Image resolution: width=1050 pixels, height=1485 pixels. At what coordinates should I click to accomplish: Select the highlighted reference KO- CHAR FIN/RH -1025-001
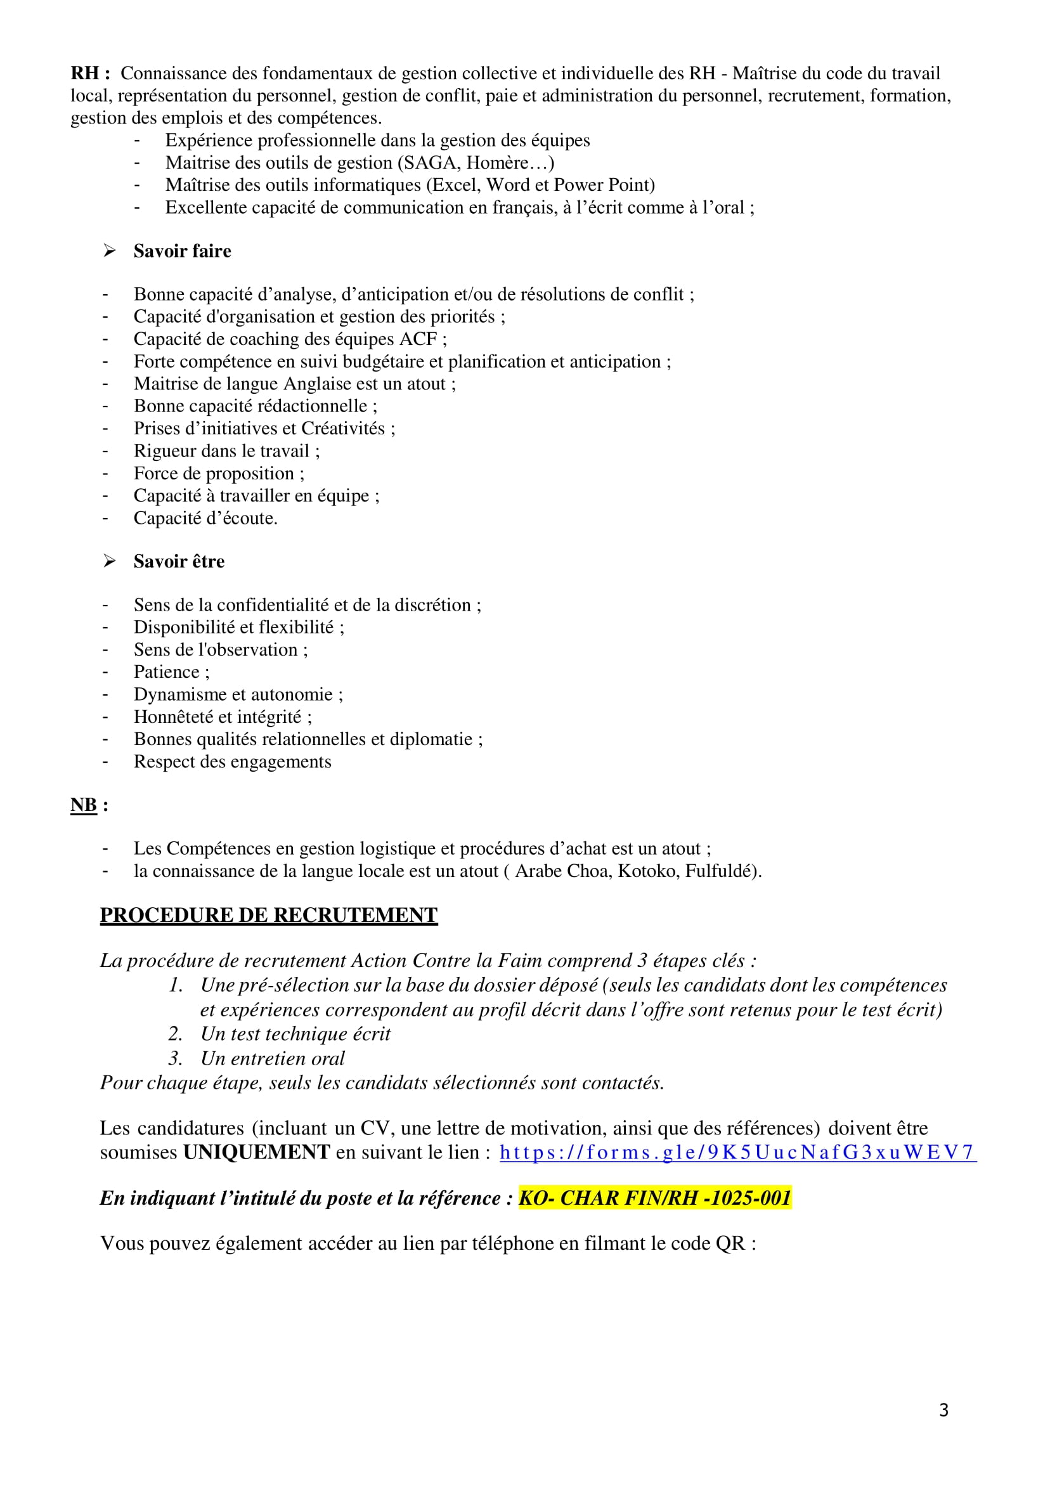[x=655, y=1198]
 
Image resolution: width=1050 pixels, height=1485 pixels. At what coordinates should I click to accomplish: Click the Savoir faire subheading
[x=182, y=251]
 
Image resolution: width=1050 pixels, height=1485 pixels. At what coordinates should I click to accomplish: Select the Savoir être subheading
[x=179, y=561]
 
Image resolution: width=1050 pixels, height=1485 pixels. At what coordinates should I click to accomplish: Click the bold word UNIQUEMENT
[x=256, y=1152]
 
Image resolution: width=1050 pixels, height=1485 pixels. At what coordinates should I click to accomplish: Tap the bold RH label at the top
[x=86, y=73]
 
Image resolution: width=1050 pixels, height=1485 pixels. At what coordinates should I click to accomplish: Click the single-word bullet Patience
[x=166, y=672]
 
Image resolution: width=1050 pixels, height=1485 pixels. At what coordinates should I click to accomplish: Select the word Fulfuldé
[x=720, y=871]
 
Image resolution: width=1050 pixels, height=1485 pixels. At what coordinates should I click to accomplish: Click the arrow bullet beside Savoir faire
[x=109, y=251]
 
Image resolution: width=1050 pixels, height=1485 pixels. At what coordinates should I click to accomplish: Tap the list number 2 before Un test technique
[x=174, y=1034]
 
